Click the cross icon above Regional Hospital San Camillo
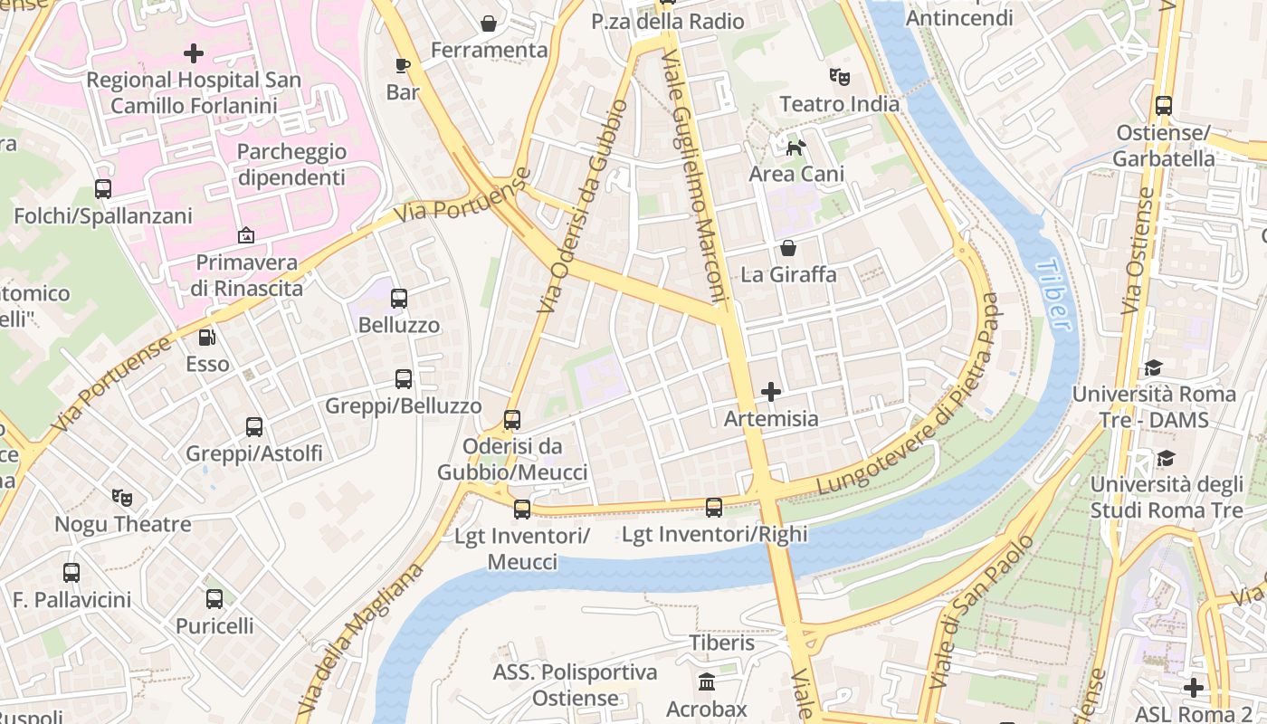pos(193,53)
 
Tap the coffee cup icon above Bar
pos(403,65)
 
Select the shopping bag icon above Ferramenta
pos(489,23)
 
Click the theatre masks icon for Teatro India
pos(840,77)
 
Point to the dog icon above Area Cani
pos(796,147)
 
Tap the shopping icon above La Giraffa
pos(788,248)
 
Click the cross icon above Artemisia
pos(771,392)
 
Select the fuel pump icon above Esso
pos(207,338)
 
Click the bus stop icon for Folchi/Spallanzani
pos(103,189)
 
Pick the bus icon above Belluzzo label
pos(399,298)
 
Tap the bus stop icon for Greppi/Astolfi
pos(254,426)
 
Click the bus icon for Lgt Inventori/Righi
pos(714,508)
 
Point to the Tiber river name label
pos(1053,295)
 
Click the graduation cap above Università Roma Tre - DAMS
pos(1153,367)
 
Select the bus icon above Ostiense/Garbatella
pos(1164,105)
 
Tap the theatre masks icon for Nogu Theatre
pos(122,497)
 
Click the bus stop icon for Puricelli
pos(214,598)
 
